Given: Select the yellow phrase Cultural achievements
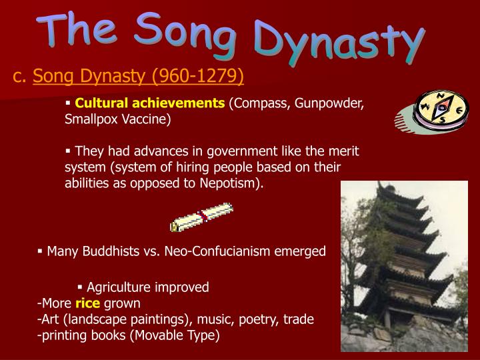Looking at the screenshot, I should (x=150, y=103).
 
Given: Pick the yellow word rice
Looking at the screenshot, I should (x=87, y=303).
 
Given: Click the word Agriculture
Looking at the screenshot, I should (x=120, y=287).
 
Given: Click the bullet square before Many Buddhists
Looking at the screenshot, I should (x=40, y=251).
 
